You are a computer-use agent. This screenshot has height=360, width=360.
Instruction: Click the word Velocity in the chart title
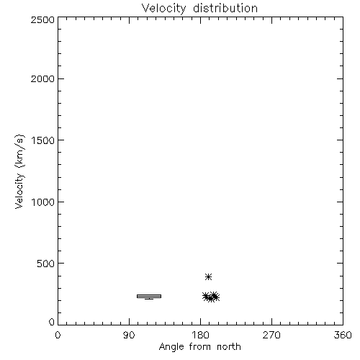(163, 9)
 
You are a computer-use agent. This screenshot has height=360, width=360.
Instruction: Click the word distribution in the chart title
(225, 8)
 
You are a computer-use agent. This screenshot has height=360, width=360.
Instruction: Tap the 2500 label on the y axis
(42, 19)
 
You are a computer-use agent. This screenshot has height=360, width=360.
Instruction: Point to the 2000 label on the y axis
(42, 78)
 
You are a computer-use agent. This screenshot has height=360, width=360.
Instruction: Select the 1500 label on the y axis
(43, 140)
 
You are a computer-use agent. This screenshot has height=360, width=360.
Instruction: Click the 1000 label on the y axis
(43, 202)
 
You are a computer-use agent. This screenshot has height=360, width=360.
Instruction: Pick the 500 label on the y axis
(46, 264)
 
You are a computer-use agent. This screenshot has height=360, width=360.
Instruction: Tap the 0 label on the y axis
(52, 322)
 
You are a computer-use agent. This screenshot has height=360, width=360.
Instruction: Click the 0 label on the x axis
(58, 335)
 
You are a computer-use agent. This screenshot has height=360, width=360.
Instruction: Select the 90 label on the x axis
(129, 335)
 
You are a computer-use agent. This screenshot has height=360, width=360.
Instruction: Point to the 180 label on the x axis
(200, 335)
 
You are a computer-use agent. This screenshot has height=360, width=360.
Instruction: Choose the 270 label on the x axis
(271, 335)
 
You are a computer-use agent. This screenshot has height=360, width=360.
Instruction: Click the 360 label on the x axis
(343, 335)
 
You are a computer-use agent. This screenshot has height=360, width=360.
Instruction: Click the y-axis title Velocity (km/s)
(19, 171)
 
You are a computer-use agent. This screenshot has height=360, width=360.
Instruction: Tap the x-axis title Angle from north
(200, 347)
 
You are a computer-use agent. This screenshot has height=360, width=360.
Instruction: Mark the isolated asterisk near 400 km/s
(208, 276)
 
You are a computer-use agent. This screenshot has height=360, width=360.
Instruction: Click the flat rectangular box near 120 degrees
(149, 297)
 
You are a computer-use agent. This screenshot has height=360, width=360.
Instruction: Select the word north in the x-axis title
(229, 347)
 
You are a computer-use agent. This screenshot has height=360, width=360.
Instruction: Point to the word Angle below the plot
(171, 347)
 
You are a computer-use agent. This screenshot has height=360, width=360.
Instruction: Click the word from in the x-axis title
(200, 347)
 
